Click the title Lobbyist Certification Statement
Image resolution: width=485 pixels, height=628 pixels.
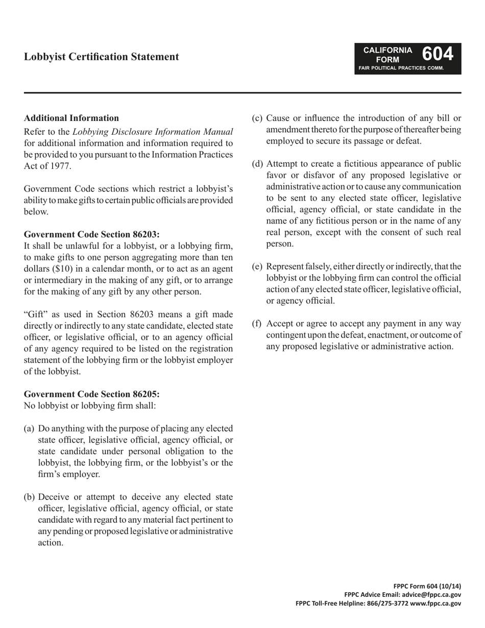[101, 57]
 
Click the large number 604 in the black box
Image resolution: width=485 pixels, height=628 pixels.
[438, 54]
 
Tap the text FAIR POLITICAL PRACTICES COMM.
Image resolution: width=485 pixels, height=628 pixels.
[401, 68]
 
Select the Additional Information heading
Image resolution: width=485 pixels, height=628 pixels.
[71, 118]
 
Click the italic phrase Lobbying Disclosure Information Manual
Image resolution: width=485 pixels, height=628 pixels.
[153, 132]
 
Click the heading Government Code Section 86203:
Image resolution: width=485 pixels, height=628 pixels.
[92, 234]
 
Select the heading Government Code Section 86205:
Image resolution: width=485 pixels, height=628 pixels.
[92, 394]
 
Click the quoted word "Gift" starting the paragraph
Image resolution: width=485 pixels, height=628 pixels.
[37, 314]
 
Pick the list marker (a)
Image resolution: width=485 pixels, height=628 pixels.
[29, 428]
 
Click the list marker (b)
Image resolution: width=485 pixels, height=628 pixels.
[30, 497]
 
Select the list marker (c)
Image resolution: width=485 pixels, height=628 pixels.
[258, 118]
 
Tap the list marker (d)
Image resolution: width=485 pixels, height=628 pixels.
[258, 164]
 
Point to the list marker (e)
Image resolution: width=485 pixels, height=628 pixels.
[258, 267]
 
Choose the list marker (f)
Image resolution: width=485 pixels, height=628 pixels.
[257, 323]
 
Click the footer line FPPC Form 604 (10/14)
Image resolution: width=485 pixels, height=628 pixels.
[427, 586]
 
